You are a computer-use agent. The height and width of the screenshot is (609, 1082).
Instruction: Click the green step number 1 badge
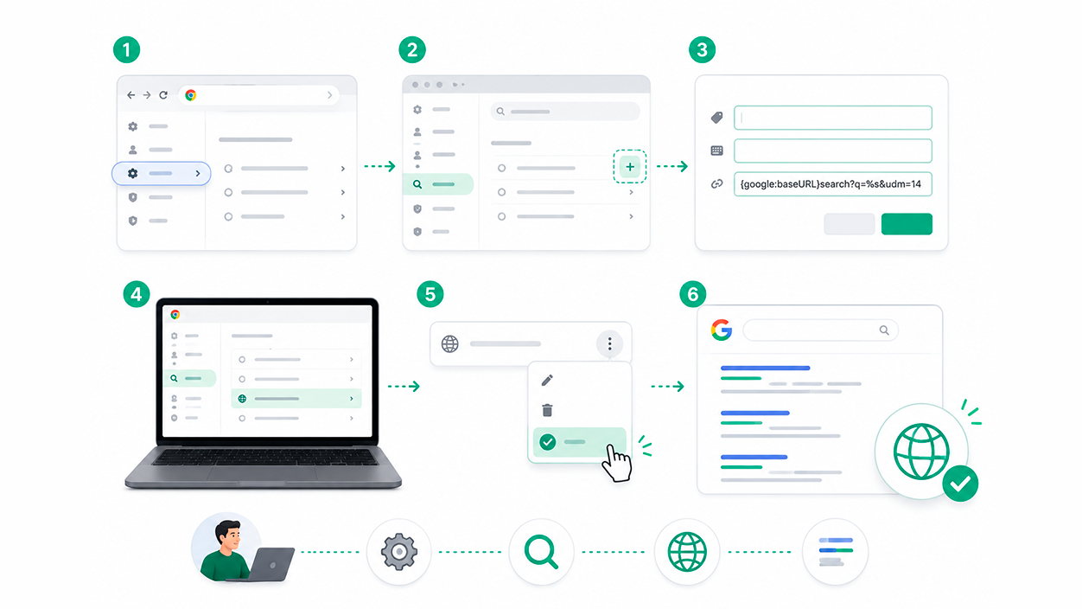[126, 50]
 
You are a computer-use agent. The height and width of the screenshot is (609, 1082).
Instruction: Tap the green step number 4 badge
[137, 294]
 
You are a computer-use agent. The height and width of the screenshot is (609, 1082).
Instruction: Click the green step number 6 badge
[693, 294]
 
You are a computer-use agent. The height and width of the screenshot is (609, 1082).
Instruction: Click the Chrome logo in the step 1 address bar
[191, 95]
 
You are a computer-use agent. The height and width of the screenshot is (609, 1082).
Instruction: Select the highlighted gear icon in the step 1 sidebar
[132, 173]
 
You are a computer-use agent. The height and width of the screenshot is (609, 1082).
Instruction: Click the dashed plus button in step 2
[630, 167]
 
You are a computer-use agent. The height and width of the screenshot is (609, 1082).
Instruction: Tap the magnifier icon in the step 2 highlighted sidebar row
[417, 184]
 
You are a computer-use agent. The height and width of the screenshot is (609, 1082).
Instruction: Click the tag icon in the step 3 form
[716, 118]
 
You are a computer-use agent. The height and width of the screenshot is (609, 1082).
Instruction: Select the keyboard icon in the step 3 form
[716, 151]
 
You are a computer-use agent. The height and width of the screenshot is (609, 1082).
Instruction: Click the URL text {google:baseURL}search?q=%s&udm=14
[831, 184]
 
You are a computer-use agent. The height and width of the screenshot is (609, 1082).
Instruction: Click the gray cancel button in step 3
[850, 224]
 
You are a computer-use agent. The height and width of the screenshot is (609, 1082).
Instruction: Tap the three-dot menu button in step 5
[609, 343]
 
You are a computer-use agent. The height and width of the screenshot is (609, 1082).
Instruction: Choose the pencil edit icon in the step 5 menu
[547, 381]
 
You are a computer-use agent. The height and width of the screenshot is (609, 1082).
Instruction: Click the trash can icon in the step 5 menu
[547, 410]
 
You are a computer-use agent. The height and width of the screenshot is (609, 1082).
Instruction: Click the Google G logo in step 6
[721, 330]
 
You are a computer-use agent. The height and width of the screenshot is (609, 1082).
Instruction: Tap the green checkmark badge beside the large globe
[960, 484]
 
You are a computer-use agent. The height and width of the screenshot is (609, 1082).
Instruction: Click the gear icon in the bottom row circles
[399, 552]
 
